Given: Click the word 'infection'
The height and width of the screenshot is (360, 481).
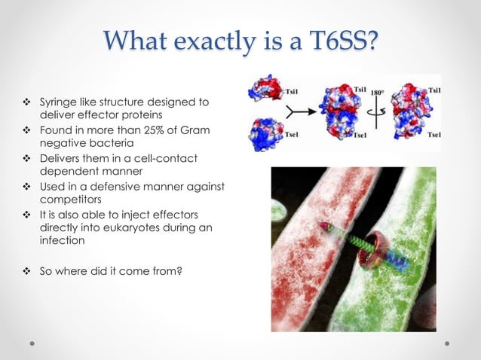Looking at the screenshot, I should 62,242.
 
